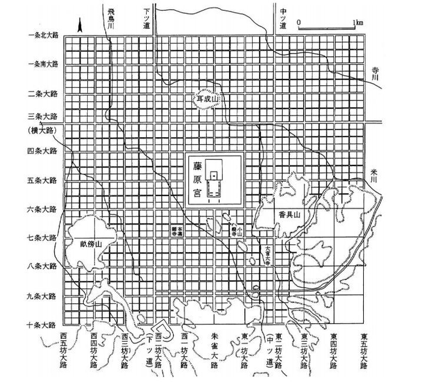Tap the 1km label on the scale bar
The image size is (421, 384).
[358, 22]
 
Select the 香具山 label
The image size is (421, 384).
[281, 214]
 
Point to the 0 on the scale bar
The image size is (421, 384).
[300, 22]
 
